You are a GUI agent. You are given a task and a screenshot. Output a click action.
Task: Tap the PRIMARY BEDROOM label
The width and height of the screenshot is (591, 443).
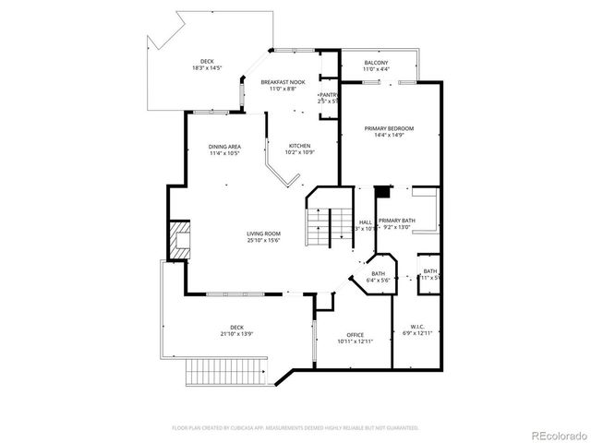pyautogui.click(x=389, y=127)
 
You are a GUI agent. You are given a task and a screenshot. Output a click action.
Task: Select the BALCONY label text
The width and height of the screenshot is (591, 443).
pyautogui.click(x=376, y=62)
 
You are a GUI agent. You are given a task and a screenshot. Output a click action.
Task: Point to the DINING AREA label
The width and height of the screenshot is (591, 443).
pyautogui.click(x=224, y=147)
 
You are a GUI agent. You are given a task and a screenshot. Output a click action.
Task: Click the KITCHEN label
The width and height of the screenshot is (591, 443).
pyautogui.click(x=299, y=146)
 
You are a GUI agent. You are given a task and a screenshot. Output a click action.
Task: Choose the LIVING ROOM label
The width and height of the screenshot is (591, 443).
pyautogui.click(x=263, y=233)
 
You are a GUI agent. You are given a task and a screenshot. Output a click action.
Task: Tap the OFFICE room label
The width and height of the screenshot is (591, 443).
pyautogui.click(x=355, y=334)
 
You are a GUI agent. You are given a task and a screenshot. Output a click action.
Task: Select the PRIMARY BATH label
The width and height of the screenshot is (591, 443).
pyautogui.click(x=396, y=221)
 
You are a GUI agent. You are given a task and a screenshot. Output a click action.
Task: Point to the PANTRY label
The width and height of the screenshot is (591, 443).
pyautogui.click(x=327, y=95)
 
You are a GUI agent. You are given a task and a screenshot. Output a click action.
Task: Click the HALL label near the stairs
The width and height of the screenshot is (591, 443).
pyautogui.click(x=366, y=221)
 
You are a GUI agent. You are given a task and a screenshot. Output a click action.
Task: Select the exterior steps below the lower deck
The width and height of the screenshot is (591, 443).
pyautogui.click(x=224, y=374)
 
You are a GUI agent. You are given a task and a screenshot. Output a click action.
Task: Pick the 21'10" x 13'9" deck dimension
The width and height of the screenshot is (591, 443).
pyautogui.click(x=236, y=333)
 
